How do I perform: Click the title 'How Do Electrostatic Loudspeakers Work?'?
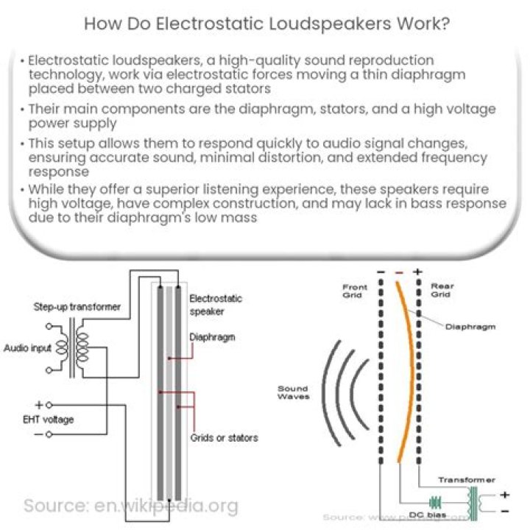click(265, 23)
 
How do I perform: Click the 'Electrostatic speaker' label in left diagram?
click(216, 305)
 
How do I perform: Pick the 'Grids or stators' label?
click(225, 437)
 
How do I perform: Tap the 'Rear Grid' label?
click(442, 291)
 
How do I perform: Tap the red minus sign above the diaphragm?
click(399, 272)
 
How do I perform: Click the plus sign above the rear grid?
click(417, 272)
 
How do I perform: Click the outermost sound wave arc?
click(328, 393)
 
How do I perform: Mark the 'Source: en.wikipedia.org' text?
click(131, 506)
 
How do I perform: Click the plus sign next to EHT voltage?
click(38, 405)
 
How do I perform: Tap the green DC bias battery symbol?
click(435, 503)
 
